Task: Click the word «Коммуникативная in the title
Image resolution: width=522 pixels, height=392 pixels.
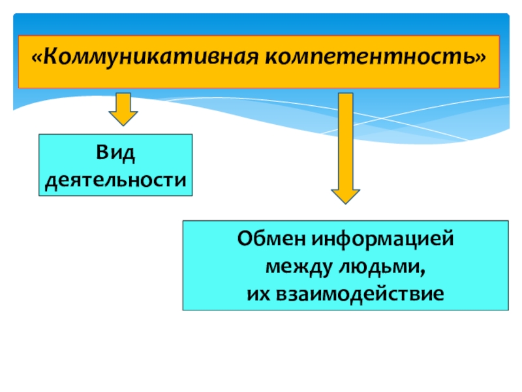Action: (145, 57)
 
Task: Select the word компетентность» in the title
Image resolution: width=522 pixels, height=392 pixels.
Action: (376, 57)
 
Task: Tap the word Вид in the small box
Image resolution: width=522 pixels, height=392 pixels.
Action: (115, 153)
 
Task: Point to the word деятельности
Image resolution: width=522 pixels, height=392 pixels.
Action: (115, 180)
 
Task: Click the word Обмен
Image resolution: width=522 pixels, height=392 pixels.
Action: (271, 238)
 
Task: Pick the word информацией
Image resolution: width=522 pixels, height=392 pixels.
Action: (382, 240)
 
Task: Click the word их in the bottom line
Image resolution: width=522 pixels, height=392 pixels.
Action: (258, 294)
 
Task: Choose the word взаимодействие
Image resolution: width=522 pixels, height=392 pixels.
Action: (360, 293)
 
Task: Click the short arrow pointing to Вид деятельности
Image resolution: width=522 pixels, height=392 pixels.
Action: (123, 109)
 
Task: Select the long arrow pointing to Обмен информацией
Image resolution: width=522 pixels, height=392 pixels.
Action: (346, 148)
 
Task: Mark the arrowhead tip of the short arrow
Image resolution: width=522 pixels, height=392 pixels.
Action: (123, 126)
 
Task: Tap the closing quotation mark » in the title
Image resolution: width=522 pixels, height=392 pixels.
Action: (480, 58)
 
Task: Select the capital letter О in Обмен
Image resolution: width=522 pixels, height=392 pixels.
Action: (245, 238)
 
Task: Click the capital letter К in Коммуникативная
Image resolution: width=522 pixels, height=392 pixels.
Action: (51, 56)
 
